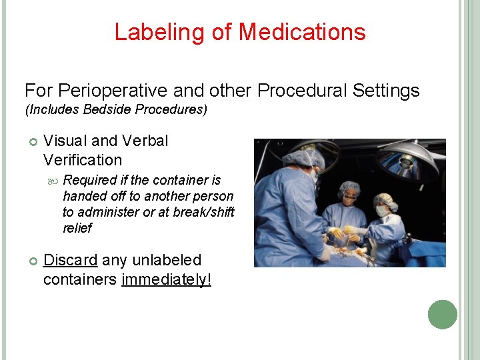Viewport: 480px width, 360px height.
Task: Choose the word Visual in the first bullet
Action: pos(65,141)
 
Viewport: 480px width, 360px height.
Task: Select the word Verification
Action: pos(83,160)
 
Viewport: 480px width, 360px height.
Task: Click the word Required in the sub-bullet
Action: pos(90,180)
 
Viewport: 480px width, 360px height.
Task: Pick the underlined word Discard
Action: pos(71,260)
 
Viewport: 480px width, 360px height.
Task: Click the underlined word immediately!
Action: pos(167,279)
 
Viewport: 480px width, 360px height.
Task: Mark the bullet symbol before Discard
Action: pos(30,261)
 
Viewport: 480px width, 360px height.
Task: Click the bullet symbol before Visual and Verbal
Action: pos(30,141)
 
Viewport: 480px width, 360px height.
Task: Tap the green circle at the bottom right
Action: pos(442,315)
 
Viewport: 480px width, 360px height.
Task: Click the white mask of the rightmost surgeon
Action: pos(381,211)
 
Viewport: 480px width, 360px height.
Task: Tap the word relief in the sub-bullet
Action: pos(77,228)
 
